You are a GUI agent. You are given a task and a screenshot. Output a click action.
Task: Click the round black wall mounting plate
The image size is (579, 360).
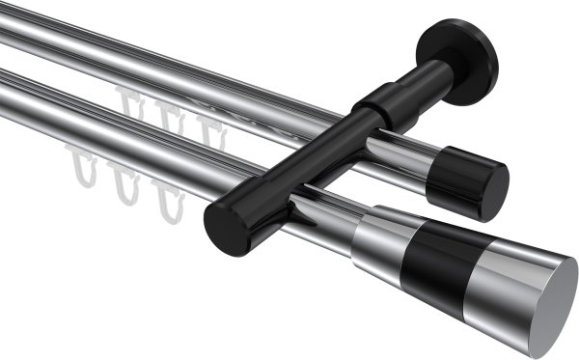tap(461, 60)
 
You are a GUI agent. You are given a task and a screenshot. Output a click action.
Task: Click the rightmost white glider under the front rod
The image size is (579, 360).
tap(170, 201)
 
